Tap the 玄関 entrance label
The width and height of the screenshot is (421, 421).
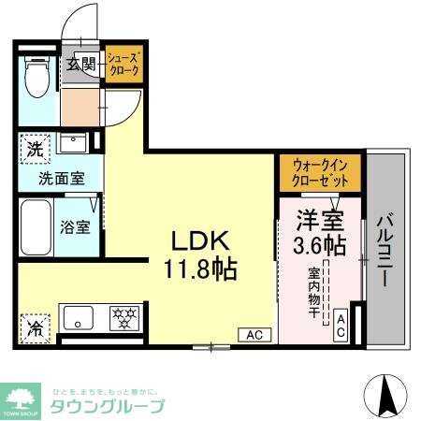point(81,65)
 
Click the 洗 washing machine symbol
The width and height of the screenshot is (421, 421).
point(34,148)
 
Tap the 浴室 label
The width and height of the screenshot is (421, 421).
point(76,226)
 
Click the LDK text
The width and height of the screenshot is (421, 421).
point(199,240)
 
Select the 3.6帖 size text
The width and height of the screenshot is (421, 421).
point(319,248)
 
